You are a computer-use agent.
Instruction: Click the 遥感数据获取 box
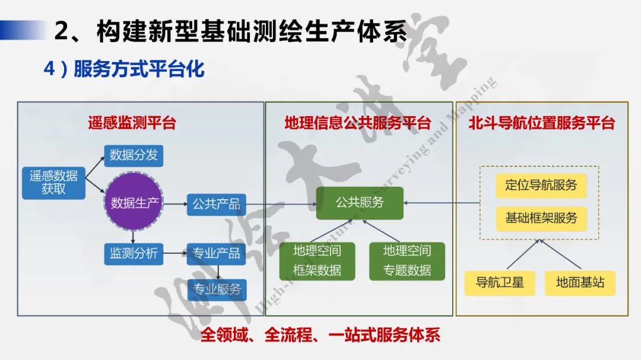(x=53, y=183)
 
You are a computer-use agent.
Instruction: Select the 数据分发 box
(x=134, y=155)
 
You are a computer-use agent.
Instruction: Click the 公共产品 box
(x=216, y=205)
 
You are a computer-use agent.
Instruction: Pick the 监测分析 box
(x=134, y=254)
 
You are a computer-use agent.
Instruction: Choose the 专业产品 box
(x=216, y=254)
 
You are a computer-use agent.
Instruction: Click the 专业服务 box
(x=217, y=289)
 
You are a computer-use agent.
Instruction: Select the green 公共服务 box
(x=360, y=203)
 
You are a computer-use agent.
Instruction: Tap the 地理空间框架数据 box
(x=317, y=261)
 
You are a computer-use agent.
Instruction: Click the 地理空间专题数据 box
(x=407, y=261)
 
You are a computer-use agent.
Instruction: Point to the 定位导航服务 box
(x=541, y=185)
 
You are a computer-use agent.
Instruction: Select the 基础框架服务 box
(x=541, y=218)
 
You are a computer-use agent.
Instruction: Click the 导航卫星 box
(x=500, y=282)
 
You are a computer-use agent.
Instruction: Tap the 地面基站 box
(x=580, y=282)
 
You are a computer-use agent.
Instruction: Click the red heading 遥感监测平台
(x=132, y=123)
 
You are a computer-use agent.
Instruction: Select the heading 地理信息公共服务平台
(x=357, y=123)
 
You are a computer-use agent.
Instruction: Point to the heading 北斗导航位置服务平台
(x=541, y=123)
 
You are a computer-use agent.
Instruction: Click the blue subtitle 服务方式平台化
(x=139, y=69)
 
